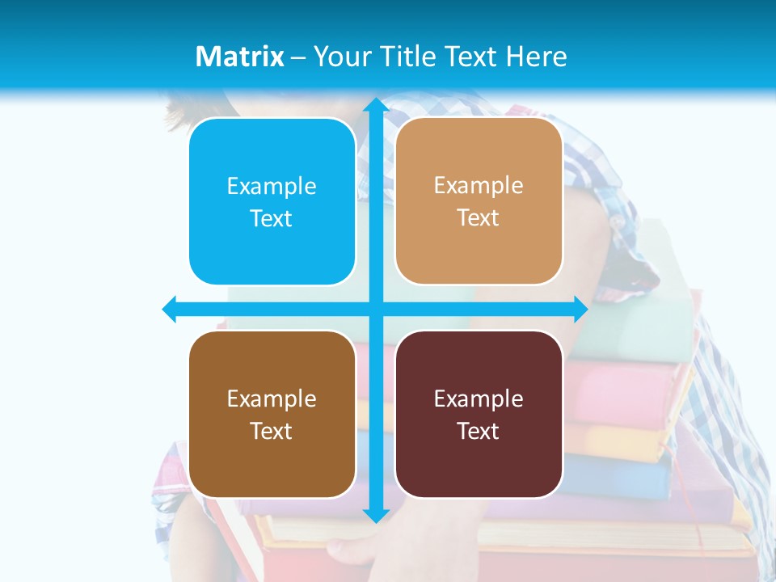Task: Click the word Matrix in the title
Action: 239,57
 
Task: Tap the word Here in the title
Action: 537,57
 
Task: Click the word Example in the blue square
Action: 272,187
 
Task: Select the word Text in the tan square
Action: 479,218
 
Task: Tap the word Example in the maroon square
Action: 479,399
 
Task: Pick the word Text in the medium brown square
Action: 272,431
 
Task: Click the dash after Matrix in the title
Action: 298,57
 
